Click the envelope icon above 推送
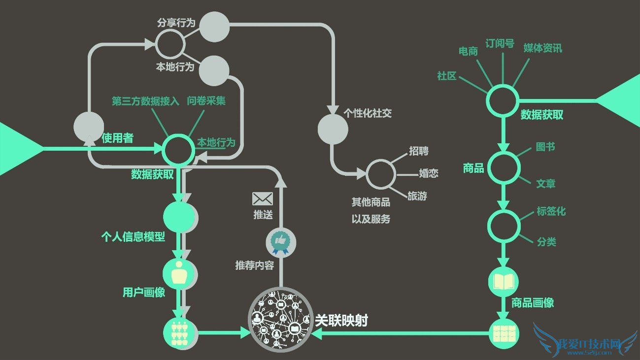263,198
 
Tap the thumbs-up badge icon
281,241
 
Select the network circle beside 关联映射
281,319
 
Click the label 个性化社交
368,114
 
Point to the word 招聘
419,151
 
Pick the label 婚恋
429,173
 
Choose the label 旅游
417,196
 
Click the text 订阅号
500,43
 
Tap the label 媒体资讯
542,48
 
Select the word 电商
468,51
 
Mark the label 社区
447,76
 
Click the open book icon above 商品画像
504,281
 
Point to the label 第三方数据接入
145,101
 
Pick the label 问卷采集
206,101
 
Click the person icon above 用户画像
179,272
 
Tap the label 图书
545,147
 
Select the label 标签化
551,211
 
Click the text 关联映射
342,321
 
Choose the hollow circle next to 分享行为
170,43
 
